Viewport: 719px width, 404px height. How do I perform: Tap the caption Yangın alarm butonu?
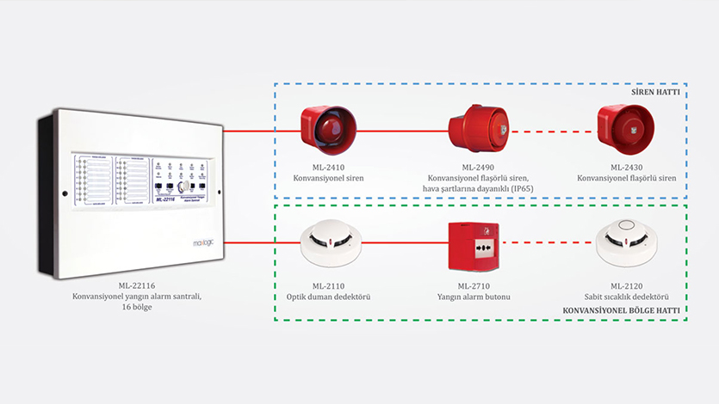click(475, 297)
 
